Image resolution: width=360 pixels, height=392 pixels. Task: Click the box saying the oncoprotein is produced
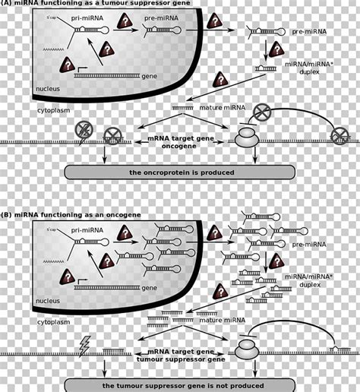pyautogui.click(x=180, y=172)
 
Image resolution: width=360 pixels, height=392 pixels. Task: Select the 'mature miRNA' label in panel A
pyautogui.click(x=220, y=108)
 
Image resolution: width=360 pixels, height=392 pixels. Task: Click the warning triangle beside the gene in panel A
pyautogui.click(x=65, y=66)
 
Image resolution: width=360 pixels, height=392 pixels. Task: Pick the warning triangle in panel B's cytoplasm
pyautogui.click(x=221, y=290)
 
